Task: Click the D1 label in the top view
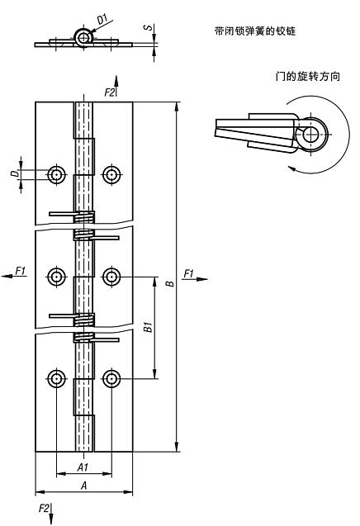point(102,17)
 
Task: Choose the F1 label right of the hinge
point(189,272)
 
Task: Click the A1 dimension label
point(83,467)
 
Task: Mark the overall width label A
point(83,486)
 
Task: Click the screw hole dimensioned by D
point(56,174)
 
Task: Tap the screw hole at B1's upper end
point(111,276)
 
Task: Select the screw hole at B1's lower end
point(111,379)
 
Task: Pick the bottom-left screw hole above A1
point(56,379)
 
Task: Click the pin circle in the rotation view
point(312,134)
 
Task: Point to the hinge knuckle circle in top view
point(83,36)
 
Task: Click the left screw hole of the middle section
point(56,276)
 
